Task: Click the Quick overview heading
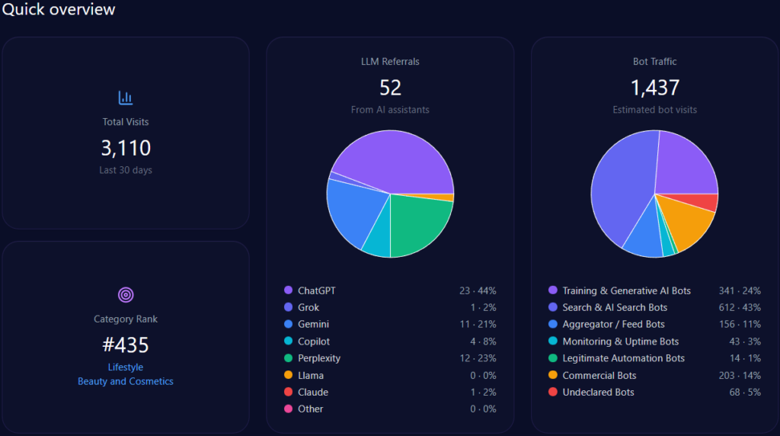pyautogui.click(x=59, y=9)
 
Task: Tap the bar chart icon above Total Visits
pyautogui.click(x=126, y=98)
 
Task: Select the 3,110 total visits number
pyautogui.click(x=126, y=148)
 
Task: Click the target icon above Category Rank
pyautogui.click(x=126, y=294)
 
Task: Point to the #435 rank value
pyautogui.click(x=126, y=345)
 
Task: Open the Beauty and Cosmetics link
pyautogui.click(x=126, y=381)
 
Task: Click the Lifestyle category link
pyautogui.click(x=126, y=367)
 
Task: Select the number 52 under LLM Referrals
pyautogui.click(x=390, y=88)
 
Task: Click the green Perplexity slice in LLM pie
pyautogui.click(x=419, y=225)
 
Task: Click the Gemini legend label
pyautogui.click(x=313, y=324)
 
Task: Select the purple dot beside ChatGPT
pyautogui.click(x=288, y=290)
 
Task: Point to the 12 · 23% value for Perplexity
pyautogui.click(x=478, y=358)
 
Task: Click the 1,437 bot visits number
pyautogui.click(x=655, y=88)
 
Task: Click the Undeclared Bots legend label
pyautogui.click(x=598, y=392)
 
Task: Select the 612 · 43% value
pyautogui.click(x=739, y=307)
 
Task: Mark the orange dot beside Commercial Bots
pyautogui.click(x=552, y=375)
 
